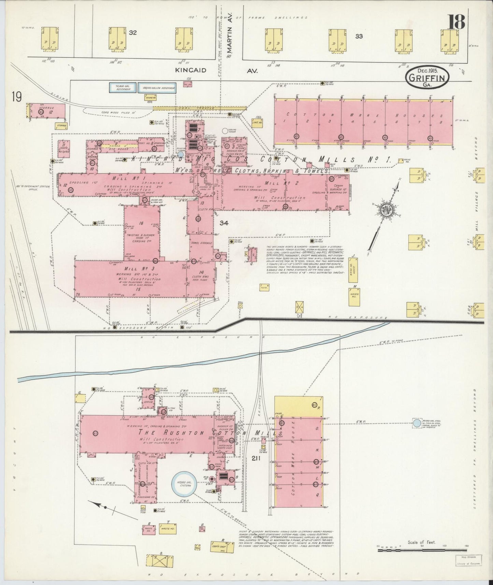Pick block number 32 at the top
133,33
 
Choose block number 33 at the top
359,36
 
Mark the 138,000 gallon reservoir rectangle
157,88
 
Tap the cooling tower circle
225,131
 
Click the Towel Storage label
202,243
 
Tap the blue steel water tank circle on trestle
417,423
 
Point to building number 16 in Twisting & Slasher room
141,223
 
